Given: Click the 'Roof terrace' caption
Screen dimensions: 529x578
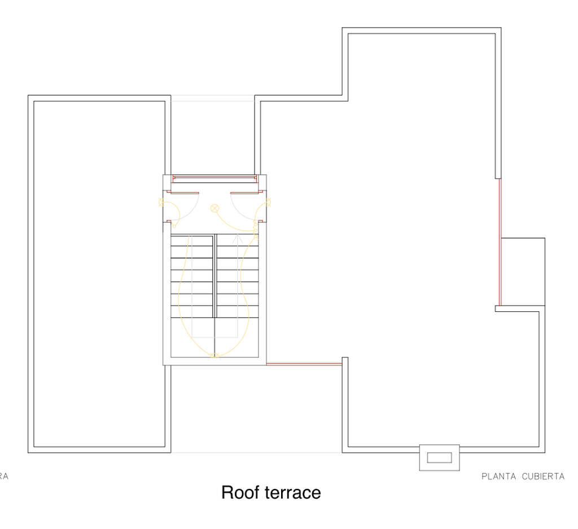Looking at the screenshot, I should [271, 492].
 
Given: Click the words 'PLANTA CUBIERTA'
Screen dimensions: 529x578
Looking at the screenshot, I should [523, 477].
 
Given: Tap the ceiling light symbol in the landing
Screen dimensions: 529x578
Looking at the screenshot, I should [214, 208].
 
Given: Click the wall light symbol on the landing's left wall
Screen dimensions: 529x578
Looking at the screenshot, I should [161, 201].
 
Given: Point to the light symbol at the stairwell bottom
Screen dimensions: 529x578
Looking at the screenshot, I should [214, 355].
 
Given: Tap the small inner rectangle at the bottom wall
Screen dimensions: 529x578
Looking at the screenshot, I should [439, 457].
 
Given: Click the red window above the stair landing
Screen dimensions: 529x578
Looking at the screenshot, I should [214, 178].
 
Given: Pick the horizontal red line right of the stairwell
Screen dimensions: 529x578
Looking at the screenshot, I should [304, 364].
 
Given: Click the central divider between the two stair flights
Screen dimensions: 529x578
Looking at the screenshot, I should [214, 276].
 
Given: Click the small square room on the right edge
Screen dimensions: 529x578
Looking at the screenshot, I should [523, 271].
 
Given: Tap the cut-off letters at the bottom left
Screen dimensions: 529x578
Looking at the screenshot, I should [4, 477].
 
